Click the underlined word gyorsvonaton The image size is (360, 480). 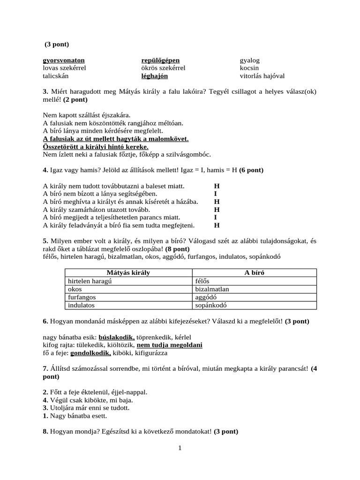point(64,60)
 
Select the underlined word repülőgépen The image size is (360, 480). point(160,60)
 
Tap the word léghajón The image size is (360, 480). point(154,76)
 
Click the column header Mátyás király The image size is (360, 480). point(128,272)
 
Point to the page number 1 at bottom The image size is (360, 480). point(180,448)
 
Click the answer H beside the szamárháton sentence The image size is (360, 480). point(217,210)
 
